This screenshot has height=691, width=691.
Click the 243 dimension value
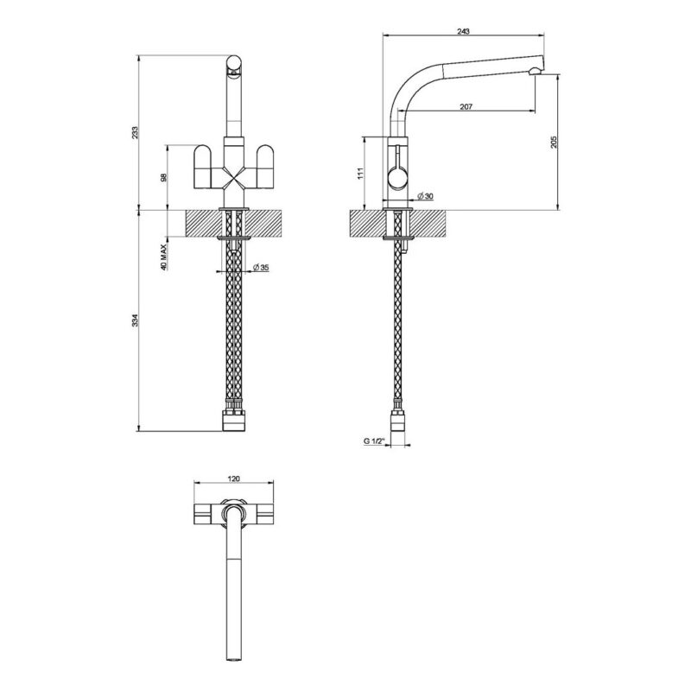point(463,31)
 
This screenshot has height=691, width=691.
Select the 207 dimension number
point(466,106)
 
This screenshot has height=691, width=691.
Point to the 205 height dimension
point(554,142)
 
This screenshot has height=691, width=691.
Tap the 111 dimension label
point(360,174)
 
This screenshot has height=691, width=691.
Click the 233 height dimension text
point(136,133)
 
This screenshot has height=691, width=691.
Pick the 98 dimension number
point(163,178)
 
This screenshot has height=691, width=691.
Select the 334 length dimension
point(136,320)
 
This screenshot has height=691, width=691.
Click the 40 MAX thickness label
point(163,257)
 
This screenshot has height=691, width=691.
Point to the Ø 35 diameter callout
point(262,268)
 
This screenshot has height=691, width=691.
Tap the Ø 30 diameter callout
point(425,196)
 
